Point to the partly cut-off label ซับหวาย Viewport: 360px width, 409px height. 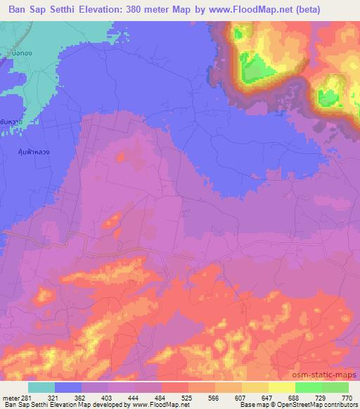click(10, 121)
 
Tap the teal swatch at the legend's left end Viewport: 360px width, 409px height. click(41, 387)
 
